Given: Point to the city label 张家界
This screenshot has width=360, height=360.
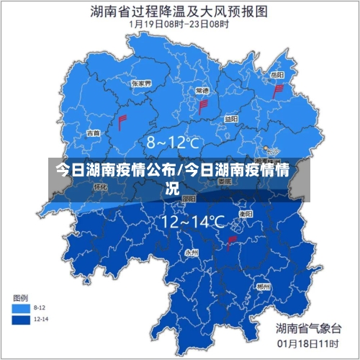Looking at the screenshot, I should (x=141, y=84).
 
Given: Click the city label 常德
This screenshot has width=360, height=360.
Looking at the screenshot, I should (x=202, y=91).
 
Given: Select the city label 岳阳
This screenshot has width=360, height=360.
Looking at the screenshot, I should (x=276, y=75).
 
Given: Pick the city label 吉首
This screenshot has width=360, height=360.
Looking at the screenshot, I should (x=93, y=133).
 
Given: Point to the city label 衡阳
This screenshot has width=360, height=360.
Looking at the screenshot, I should (x=246, y=214).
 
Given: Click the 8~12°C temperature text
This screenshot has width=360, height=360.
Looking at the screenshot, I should (x=173, y=143).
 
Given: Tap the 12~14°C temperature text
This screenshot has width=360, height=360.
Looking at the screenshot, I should (x=193, y=222).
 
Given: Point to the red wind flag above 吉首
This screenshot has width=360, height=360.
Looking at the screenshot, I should (x=122, y=120).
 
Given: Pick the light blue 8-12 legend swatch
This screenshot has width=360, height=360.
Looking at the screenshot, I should (x=22, y=308).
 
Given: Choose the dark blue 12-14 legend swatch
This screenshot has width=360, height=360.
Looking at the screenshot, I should (x=22, y=318).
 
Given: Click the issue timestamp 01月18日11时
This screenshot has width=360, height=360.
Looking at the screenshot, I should (x=309, y=344).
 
